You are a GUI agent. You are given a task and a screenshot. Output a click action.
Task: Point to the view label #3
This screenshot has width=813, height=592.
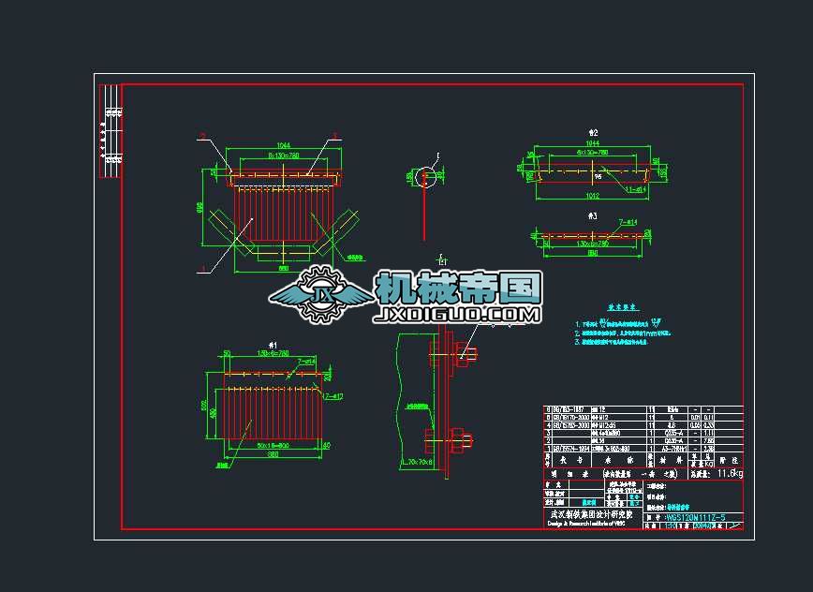591,215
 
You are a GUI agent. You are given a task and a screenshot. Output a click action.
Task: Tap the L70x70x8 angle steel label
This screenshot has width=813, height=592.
416,462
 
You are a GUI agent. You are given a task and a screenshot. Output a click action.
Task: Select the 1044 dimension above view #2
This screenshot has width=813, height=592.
592,142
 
